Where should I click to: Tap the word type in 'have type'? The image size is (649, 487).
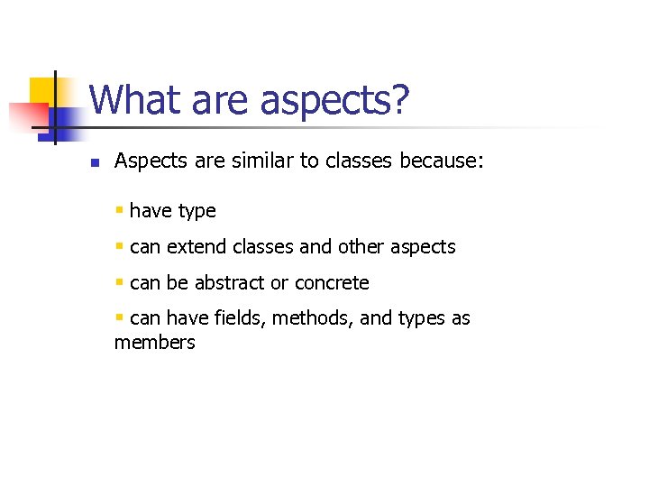(197, 211)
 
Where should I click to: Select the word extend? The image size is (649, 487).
(197, 247)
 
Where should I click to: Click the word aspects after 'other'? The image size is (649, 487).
(423, 247)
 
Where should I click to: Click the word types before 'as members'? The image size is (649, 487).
(416, 318)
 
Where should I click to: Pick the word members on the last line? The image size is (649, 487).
(154, 343)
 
